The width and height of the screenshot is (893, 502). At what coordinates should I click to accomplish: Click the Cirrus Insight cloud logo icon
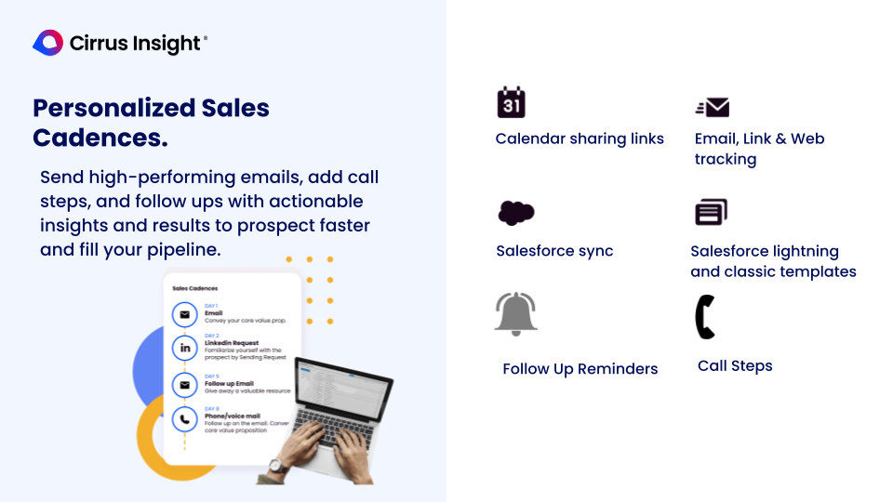click(x=47, y=43)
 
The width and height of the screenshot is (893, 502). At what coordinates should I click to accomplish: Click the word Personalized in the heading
click(x=100, y=109)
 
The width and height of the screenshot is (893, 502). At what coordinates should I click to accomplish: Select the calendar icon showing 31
click(x=511, y=102)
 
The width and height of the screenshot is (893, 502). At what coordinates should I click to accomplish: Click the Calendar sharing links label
click(x=580, y=139)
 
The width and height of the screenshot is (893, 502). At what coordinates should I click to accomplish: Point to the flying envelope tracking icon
click(x=713, y=107)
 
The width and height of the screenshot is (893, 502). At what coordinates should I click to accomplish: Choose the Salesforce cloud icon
click(x=516, y=213)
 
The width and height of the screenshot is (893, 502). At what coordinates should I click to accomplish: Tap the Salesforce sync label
click(x=554, y=251)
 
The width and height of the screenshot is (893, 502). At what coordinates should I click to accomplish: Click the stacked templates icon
click(x=711, y=212)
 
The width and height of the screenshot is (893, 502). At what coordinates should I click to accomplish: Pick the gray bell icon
click(x=516, y=313)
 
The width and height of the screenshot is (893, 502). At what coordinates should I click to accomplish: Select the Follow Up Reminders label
click(x=580, y=369)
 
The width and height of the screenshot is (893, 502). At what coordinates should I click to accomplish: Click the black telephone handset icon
click(x=705, y=316)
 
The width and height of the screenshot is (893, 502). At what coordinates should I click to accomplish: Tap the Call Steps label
click(x=735, y=366)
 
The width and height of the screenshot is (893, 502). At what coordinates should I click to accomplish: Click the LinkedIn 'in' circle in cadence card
click(x=184, y=348)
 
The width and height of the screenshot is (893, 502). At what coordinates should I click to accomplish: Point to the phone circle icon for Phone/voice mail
click(x=184, y=419)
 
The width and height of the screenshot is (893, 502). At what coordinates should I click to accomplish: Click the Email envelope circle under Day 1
click(x=184, y=314)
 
